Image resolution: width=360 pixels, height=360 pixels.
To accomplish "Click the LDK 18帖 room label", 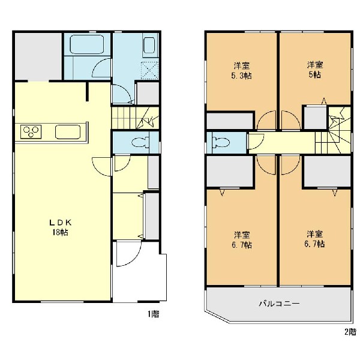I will click(x=58, y=227).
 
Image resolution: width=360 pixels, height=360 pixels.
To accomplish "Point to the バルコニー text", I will click(x=279, y=304).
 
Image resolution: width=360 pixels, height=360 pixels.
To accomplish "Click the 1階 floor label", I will click(x=154, y=314).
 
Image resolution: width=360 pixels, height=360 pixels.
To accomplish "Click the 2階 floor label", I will click(x=349, y=331).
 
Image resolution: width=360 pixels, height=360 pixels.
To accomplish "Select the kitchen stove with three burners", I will click(x=31, y=131).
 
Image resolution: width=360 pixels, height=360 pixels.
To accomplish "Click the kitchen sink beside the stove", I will click(x=71, y=131).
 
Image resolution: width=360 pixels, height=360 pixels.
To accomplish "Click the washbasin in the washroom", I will click(x=149, y=46).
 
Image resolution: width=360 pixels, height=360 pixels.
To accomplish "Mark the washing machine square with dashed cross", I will click(x=149, y=70).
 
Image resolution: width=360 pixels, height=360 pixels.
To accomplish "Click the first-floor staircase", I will click(x=135, y=116).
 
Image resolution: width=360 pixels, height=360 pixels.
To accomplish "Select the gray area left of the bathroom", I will click(x=37, y=56).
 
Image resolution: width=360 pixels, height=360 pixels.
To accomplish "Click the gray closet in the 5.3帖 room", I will click(x=230, y=121).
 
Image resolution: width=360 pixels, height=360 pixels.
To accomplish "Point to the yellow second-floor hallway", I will click(x=282, y=143).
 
